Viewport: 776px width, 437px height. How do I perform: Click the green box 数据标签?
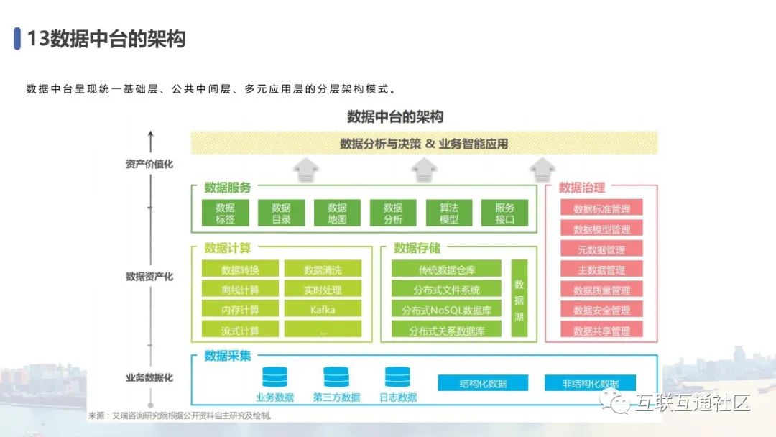(x=225, y=213)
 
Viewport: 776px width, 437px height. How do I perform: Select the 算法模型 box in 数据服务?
(x=449, y=213)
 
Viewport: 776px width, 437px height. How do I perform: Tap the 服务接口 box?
(x=504, y=213)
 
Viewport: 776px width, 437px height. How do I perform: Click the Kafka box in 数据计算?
(x=323, y=310)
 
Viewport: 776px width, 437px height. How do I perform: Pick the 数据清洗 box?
(x=323, y=270)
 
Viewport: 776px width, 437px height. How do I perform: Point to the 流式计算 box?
(x=240, y=331)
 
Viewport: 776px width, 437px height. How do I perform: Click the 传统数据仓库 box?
(x=446, y=270)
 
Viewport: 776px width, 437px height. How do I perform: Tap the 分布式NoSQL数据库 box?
(x=446, y=310)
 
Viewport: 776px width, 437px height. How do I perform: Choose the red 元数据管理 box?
(x=601, y=250)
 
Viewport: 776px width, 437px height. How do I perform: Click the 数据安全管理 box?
(x=601, y=310)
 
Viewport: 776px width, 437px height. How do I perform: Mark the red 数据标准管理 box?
(x=601, y=209)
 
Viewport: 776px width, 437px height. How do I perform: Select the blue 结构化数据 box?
(x=483, y=384)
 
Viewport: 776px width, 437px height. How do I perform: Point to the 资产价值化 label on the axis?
(x=149, y=164)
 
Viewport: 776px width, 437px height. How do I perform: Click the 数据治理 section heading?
(x=582, y=188)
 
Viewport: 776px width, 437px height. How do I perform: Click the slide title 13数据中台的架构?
(x=106, y=39)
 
